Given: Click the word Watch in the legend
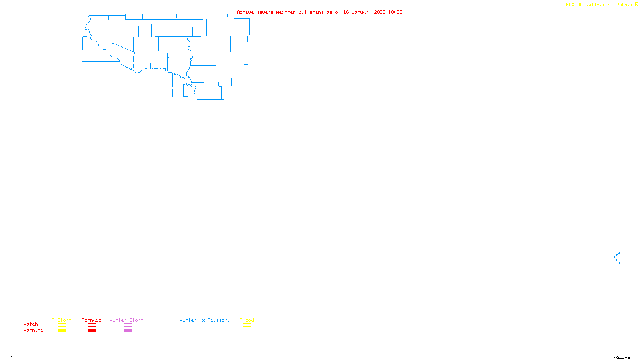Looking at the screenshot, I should [x=31, y=324].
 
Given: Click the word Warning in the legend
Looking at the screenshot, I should [x=33, y=330].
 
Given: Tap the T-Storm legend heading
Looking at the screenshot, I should [x=62, y=320].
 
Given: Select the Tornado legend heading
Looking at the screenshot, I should [x=92, y=320].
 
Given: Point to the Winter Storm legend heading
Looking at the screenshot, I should [x=126, y=320].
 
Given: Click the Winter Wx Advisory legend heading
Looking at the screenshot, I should [x=205, y=320].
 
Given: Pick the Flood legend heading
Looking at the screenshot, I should [x=247, y=320].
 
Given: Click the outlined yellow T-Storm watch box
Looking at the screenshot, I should [x=62, y=325].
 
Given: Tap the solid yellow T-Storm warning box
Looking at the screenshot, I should [x=62, y=331].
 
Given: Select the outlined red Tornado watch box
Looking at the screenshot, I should [x=92, y=325].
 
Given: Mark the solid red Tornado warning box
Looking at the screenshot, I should [x=92, y=331].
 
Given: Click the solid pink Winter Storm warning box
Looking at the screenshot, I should [x=128, y=331].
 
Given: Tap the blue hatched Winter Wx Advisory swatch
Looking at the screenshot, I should [x=204, y=331].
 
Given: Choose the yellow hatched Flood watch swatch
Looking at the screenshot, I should [x=247, y=325].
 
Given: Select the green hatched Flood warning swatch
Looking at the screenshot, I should [x=247, y=331].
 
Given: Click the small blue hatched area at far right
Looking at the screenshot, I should [x=618, y=258].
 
